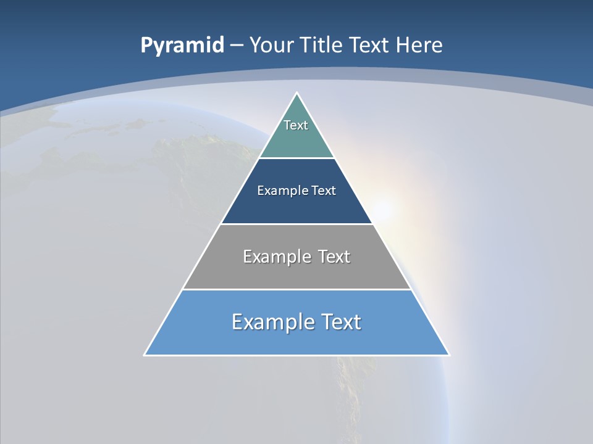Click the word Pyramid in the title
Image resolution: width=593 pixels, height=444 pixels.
(x=182, y=46)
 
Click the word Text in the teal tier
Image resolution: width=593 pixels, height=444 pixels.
(x=296, y=125)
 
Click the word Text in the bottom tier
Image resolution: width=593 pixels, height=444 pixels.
(x=340, y=322)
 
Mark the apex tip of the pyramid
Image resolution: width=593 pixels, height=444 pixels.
(x=297, y=93)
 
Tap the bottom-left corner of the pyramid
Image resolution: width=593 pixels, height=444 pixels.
(x=145, y=355)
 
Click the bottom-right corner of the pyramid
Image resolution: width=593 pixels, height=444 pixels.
(x=448, y=355)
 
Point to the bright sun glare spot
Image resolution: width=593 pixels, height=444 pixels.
(x=383, y=208)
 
